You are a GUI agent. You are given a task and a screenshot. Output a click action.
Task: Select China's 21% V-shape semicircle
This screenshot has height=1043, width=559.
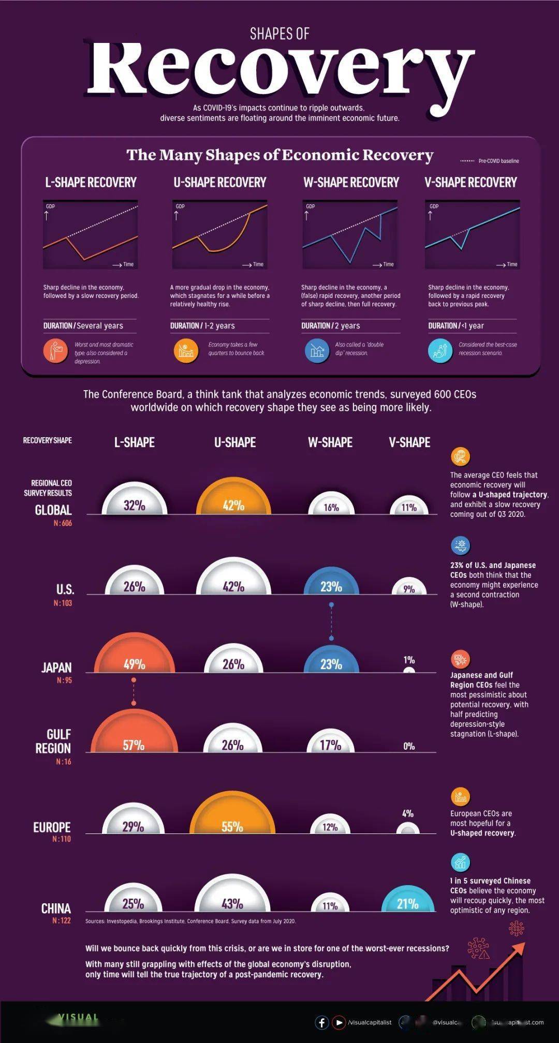[x=408, y=900]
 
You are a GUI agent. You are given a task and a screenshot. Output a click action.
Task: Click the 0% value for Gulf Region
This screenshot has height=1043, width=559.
[x=409, y=746]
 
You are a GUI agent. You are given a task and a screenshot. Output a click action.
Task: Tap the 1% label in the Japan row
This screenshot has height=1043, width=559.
[x=409, y=660]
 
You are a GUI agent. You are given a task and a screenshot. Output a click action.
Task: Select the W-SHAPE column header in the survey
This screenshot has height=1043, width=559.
[x=330, y=442]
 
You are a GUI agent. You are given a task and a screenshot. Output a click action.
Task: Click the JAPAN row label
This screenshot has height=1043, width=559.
[x=56, y=667]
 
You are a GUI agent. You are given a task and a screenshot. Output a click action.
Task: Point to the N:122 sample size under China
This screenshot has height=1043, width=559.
[x=62, y=920]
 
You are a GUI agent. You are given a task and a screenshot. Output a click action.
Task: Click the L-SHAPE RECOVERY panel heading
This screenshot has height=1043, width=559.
[x=91, y=182]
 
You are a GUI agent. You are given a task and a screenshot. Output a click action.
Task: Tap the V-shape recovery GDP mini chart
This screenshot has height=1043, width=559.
[x=472, y=234]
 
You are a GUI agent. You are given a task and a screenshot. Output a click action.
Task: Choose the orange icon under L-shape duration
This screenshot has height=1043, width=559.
[x=55, y=351]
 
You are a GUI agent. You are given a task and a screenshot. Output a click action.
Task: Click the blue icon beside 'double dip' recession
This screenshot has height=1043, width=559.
[x=317, y=351]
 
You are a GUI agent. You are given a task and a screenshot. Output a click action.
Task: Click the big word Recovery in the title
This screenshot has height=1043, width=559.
[x=279, y=70]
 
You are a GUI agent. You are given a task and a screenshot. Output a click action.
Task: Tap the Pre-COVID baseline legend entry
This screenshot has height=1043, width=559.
[x=490, y=161]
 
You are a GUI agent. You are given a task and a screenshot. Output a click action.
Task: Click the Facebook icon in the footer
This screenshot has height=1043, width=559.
[x=321, y=1022]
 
